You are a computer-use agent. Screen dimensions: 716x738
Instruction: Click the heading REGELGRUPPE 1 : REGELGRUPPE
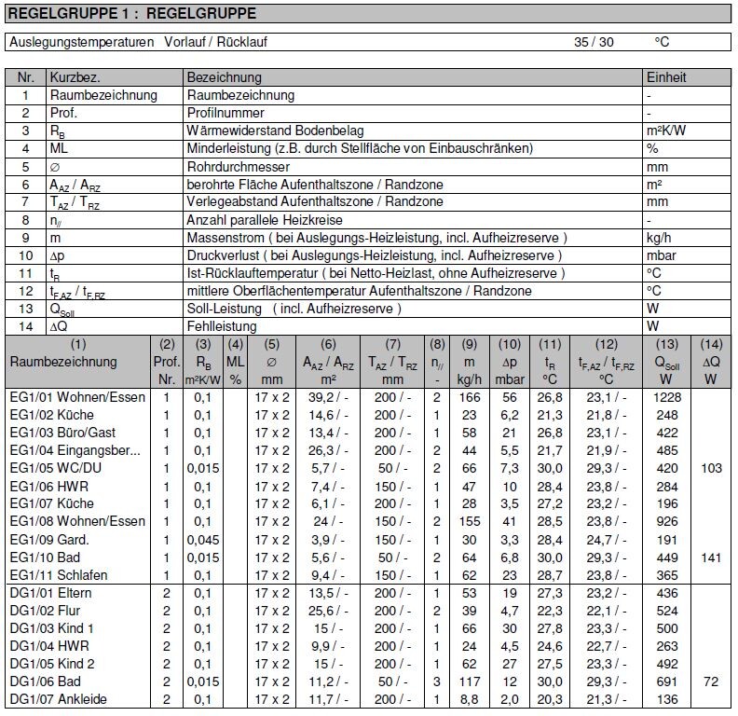pyautogui.click(x=131, y=14)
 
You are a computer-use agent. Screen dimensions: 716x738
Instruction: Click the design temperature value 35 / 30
pyautogui.click(x=594, y=42)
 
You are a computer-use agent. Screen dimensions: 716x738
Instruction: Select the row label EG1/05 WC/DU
pyautogui.click(x=52, y=469)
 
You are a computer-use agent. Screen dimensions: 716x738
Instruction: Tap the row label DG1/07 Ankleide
pyautogui.click(x=58, y=699)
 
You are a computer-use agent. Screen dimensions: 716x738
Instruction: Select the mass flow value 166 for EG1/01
pyautogui.click(x=469, y=397)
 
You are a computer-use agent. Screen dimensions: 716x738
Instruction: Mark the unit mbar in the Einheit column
pyautogui.click(x=662, y=255)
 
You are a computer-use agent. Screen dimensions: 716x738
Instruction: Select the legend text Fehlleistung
pyautogui.click(x=223, y=326)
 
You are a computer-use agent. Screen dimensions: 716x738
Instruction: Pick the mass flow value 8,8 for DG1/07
pyautogui.click(x=469, y=699)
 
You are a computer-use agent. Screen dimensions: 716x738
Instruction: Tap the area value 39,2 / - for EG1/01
pyautogui.click(x=321, y=397)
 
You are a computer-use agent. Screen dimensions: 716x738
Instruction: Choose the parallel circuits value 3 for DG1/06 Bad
pyautogui.click(x=436, y=682)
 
